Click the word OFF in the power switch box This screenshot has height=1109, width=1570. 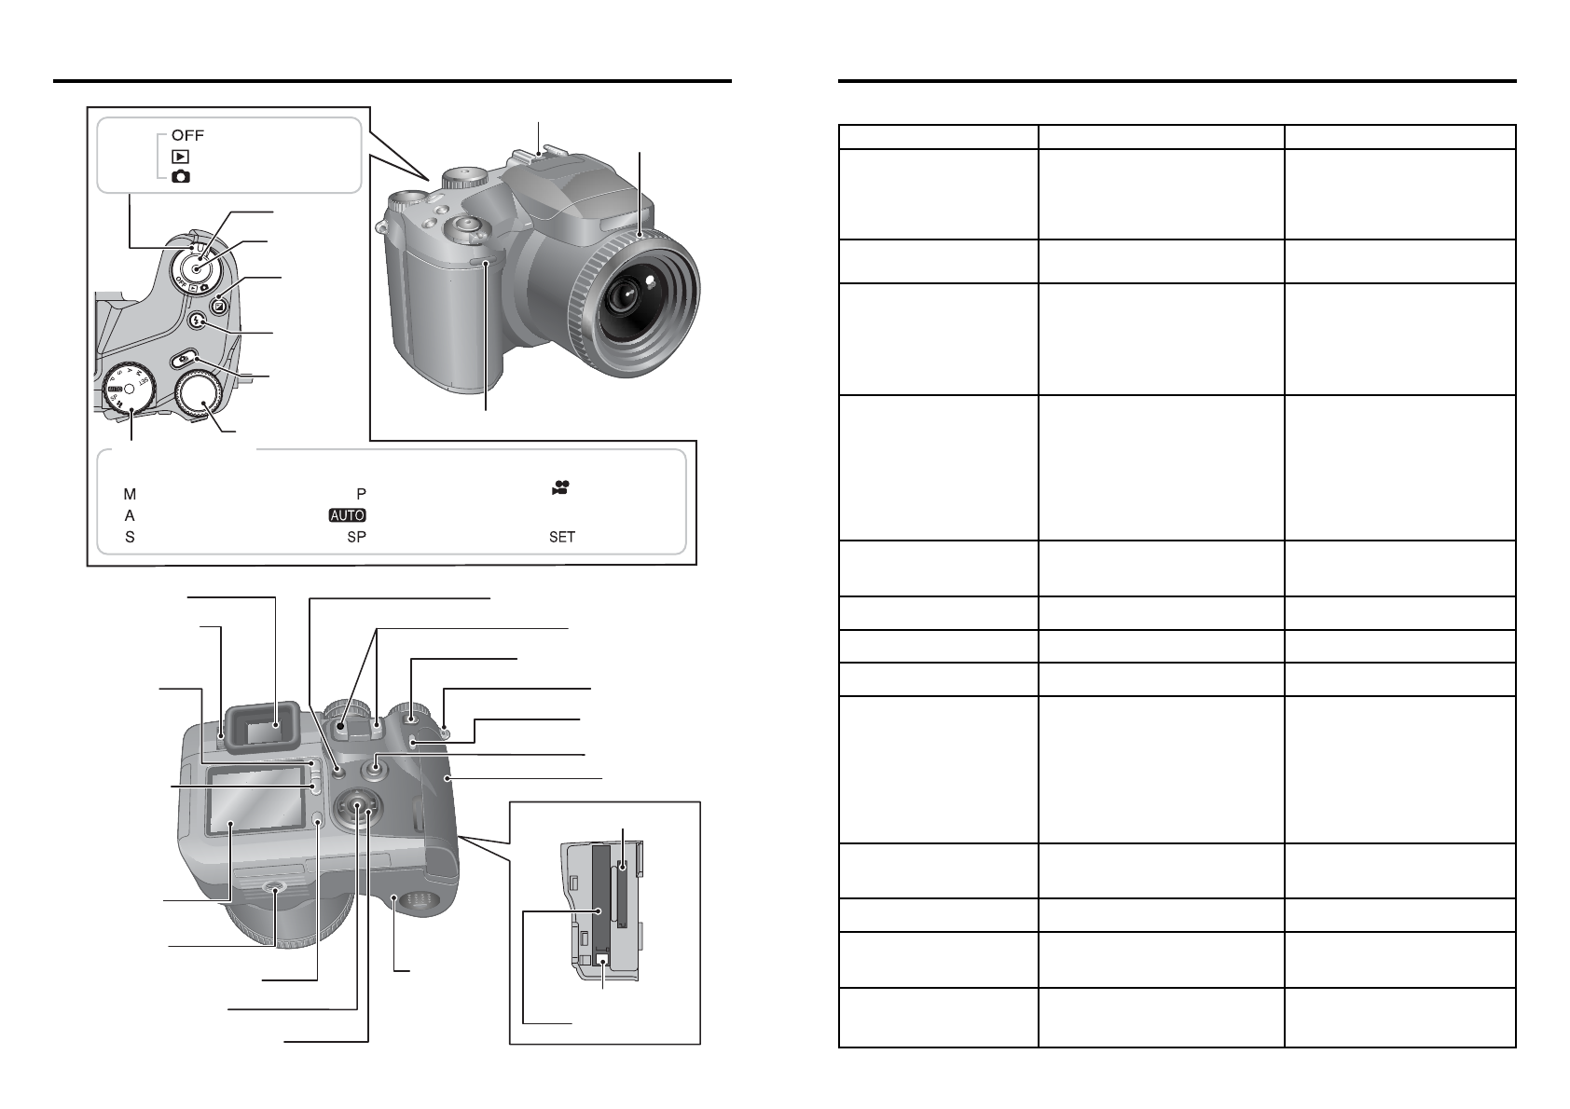187,135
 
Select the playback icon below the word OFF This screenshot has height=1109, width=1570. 180,157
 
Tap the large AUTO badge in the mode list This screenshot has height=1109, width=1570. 347,515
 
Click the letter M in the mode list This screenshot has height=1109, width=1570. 130,495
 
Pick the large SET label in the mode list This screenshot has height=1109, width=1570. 562,538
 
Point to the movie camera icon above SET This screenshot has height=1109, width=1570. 560,487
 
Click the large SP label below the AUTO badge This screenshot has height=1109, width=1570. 357,538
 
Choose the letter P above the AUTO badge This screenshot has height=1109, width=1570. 362,495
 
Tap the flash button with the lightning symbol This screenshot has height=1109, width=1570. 199,321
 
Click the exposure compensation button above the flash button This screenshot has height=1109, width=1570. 220,305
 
